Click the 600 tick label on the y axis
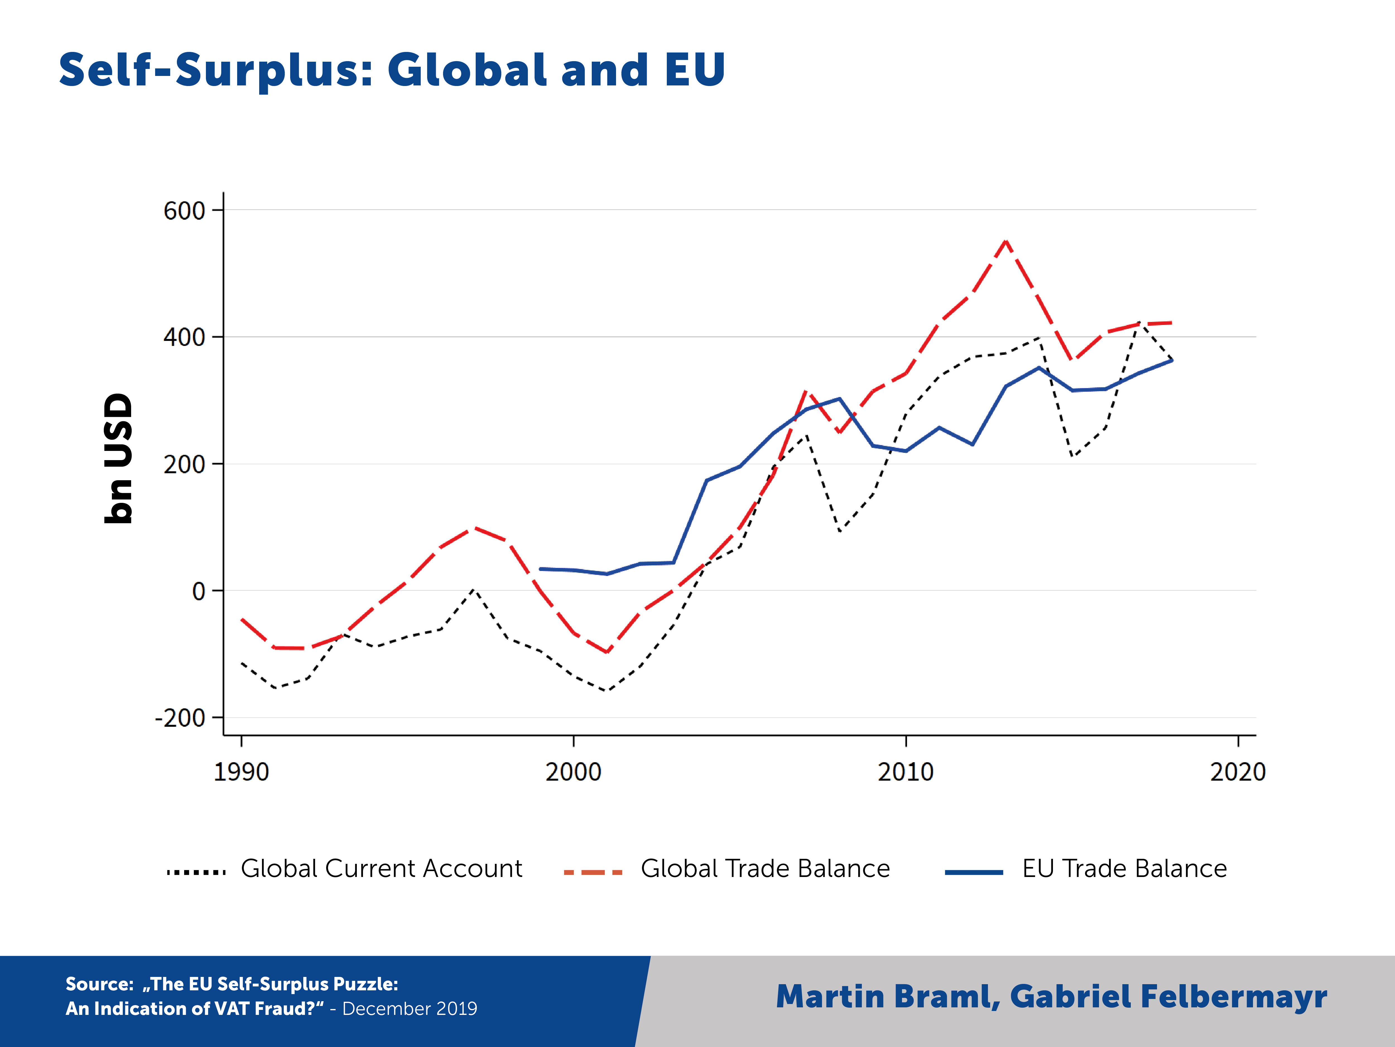[184, 211]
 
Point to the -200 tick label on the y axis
[180, 718]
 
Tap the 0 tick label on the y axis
[199, 591]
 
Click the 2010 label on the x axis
[906, 772]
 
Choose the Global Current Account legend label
[382, 869]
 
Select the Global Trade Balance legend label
[765, 869]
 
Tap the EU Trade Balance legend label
[1124, 869]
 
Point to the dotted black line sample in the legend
[196, 872]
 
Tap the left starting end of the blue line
[540, 569]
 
